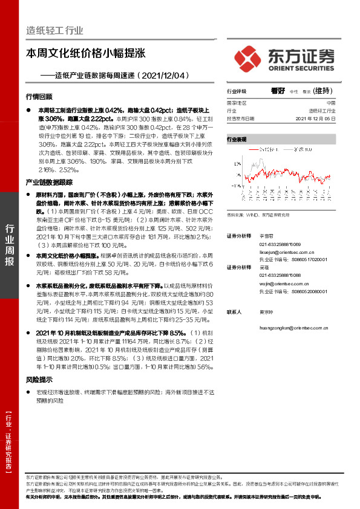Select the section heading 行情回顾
click(x=39, y=97)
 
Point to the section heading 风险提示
click(x=39, y=380)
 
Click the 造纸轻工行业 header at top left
click(x=54, y=31)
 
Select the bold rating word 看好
click(x=278, y=91)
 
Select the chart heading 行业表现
click(x=237, y=139)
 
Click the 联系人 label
click(x=234, y=312)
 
